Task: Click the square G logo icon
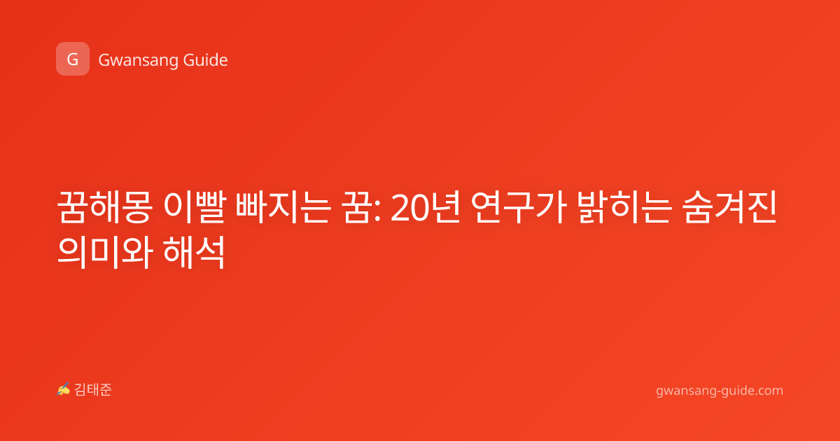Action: pyautogui.click(x=73, y=59)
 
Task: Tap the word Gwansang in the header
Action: pyautogui.click(x=138, y=60)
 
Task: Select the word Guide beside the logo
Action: pyautogui.click(x=205, y=59)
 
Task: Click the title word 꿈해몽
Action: pyautogui.click(x=104, y=207)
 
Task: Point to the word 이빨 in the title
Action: pyautogui.click(x=195, y=207)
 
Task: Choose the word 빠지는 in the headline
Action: pyautogui.click(x=283, y=207)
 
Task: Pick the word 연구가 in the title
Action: pyautogui.click(x=518, y=207)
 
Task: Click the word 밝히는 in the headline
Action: pyautogui.click(x=624, y=207)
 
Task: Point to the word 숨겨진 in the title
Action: pyautogui.click(x=729, y=207)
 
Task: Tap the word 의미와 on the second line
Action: pyautogui.click(x=105, y=253)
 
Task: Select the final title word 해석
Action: pyautogui.click(x=195, y=253)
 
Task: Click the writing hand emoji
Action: pyautogui.click(x=64, y=389)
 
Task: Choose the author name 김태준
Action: pyautogui.click(x=92, y=390)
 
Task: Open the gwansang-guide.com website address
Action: pyautogui.click(x=720, y=391)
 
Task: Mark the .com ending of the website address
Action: pyautogui.click(x=768, y=391)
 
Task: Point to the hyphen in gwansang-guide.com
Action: pyautogui.click(x=717, y=392)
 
